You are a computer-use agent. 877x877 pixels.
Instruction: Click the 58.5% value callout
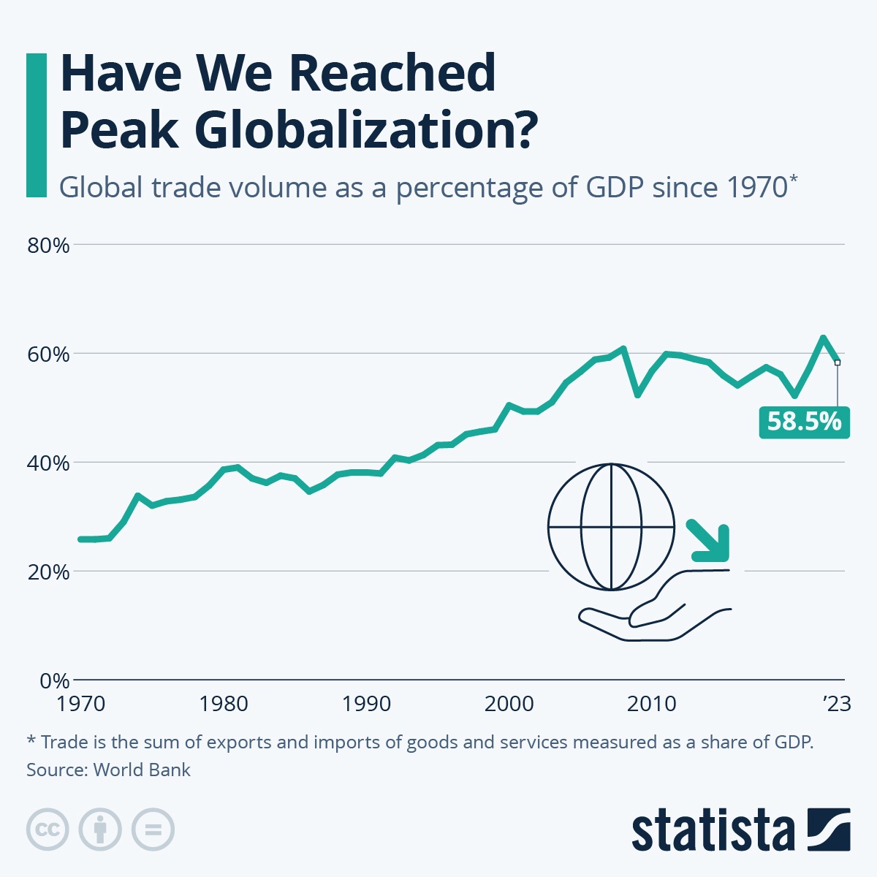(804, 422)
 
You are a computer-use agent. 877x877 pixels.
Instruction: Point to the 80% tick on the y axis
(48, 246)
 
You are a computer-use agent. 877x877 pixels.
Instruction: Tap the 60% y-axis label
(48, 354)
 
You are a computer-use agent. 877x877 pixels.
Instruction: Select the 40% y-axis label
(48, 463)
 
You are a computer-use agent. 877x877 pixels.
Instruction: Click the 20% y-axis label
(48, 572)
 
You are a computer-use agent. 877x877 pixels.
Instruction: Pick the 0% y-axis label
(53, 681)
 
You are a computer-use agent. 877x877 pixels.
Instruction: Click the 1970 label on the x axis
(80, 705)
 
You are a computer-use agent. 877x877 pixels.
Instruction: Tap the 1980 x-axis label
(223, 705)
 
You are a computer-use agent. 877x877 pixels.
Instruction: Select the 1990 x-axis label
(366, 705)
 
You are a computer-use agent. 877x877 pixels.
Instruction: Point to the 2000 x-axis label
(509, 705)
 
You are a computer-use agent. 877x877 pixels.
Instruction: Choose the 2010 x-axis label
(652, 705)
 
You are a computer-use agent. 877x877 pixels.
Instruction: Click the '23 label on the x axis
(837, 705)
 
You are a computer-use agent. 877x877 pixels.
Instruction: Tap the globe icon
(611, 526)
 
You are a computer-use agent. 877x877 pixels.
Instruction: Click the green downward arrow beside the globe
(710, 542)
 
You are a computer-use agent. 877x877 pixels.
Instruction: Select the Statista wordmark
(713, 830)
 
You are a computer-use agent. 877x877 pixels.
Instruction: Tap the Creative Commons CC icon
(48, 829)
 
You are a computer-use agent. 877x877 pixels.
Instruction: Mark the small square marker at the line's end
(838, 362)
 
